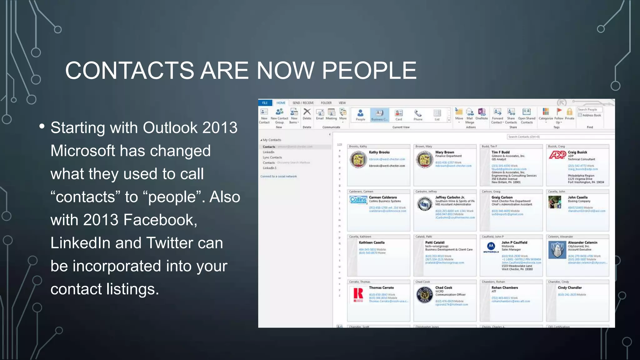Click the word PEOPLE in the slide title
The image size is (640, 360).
tap(369, 70)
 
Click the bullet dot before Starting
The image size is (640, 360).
tap(42, 127)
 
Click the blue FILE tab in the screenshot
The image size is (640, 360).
tap(265, 103)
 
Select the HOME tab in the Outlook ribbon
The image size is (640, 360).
tap(281, 103)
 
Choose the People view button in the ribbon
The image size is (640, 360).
tap(360, 114)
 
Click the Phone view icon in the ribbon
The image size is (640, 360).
tap(418, 114)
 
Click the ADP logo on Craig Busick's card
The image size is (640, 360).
tap(557, 155)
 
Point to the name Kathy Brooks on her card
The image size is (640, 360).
tap(379, 152)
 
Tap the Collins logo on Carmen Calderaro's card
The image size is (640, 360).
tap(358, 199)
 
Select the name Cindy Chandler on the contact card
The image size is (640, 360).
tap(570, 287)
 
